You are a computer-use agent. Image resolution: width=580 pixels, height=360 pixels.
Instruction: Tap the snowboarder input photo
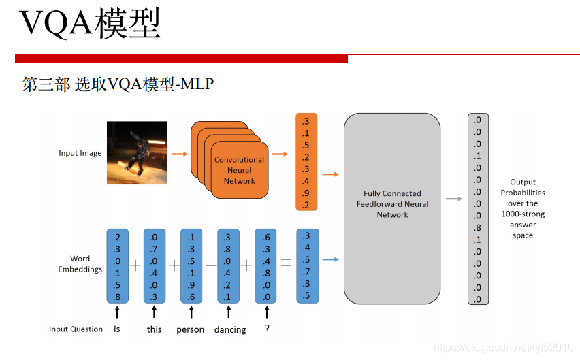point(137,152)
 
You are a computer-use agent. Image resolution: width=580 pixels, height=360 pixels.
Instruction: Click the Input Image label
point(80,153)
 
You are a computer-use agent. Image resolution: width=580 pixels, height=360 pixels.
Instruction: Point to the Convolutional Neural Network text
point(239,170)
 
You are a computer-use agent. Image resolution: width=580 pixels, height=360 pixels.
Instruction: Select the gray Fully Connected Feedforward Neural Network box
point(392,203)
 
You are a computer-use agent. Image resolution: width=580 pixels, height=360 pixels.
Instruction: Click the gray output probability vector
point(478,209)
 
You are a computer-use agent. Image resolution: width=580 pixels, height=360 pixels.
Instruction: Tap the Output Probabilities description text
point(523,208)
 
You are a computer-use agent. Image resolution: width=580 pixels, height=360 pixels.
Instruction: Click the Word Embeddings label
point(80,263)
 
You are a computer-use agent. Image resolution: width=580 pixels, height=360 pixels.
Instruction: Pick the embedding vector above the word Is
point(118,266)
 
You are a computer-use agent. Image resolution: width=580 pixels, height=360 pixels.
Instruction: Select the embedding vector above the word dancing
point(228,266)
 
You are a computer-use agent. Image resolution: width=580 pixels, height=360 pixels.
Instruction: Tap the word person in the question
point(191,329)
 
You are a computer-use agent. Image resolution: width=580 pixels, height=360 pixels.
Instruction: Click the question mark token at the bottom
point(267,329)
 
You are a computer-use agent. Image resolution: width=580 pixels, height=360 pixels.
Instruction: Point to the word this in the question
point(155,329)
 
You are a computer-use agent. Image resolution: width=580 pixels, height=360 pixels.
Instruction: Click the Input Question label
point(76,329)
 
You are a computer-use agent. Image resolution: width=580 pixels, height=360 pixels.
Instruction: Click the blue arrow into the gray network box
point(331,259)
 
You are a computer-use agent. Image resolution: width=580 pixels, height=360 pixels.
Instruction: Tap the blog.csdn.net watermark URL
point(504,348)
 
